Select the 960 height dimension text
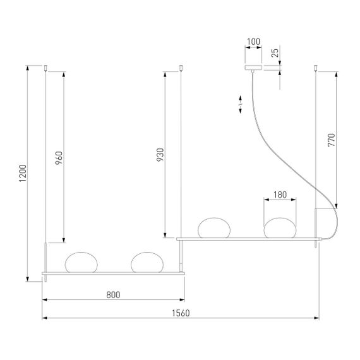tap(59, 157)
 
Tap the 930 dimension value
tap(160, 155)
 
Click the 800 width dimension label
tap(114, 294)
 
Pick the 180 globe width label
tap(280, 194)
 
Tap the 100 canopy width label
tap(254, 43)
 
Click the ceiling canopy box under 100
tap(254, 67)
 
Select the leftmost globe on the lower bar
tap(80, 262)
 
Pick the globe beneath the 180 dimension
tap(280, 228)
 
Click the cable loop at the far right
tap(332, 221)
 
